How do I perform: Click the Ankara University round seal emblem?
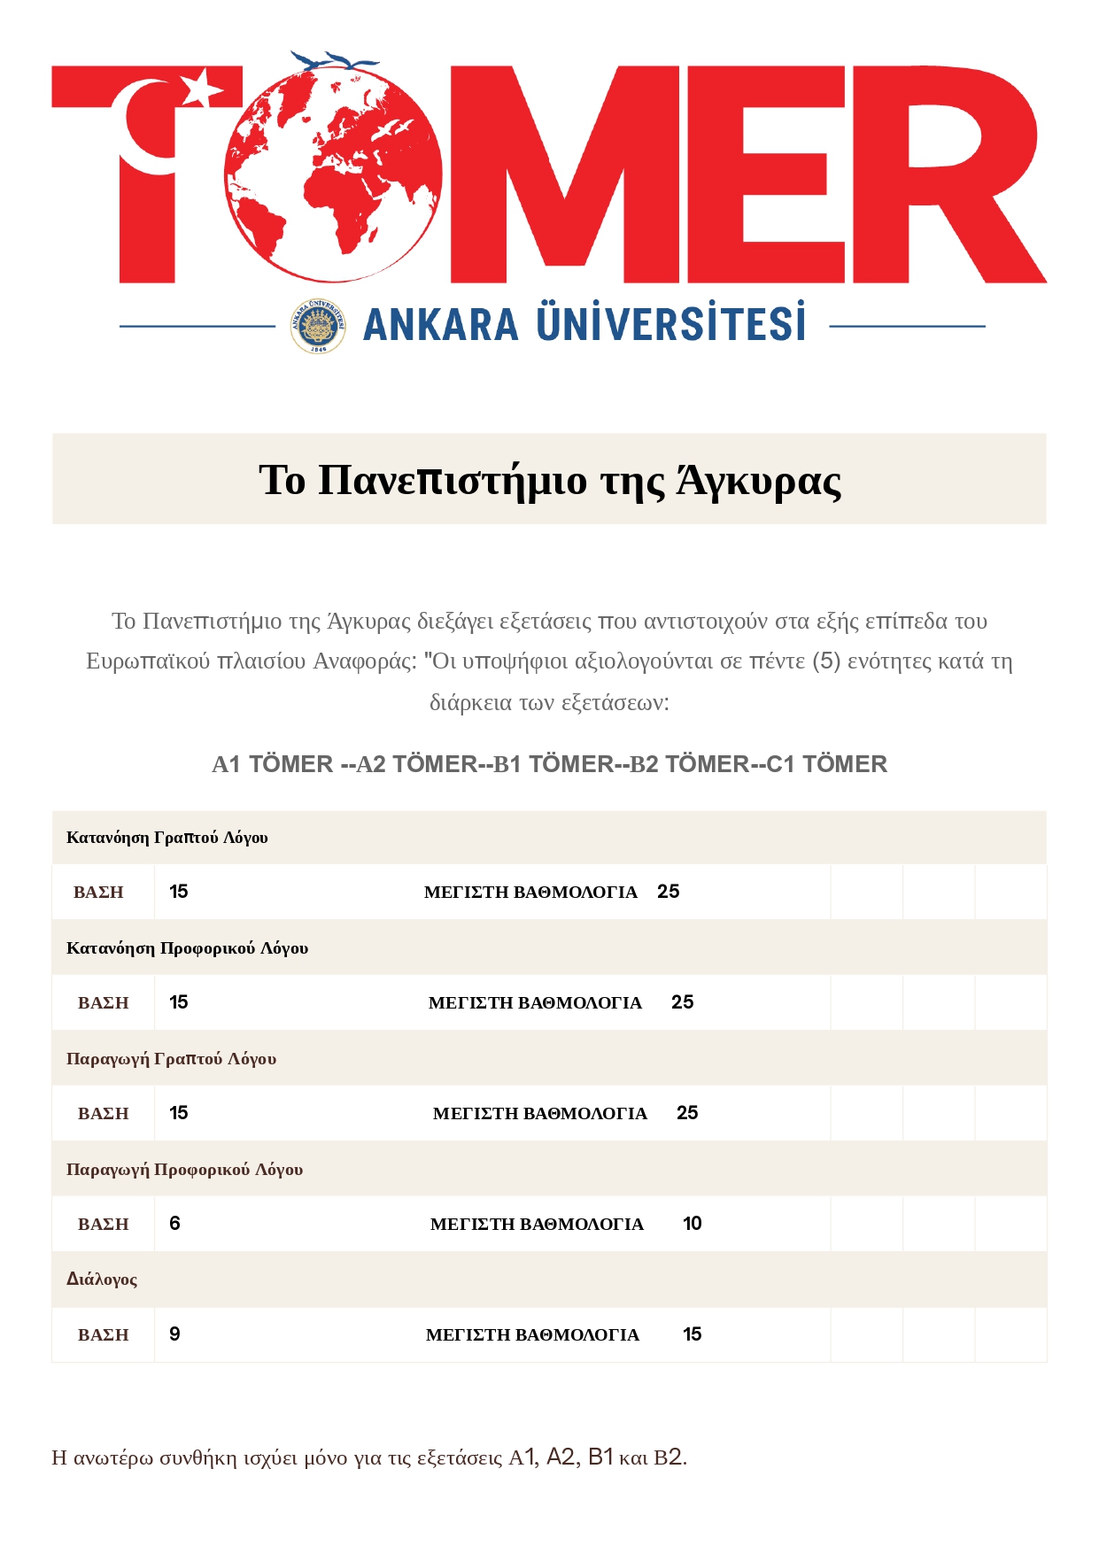(318, 327)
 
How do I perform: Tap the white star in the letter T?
(204, 88)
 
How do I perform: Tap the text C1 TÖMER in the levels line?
(827, 764)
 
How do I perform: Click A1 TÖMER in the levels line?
(272, 764)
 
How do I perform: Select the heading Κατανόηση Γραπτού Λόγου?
(167, 838)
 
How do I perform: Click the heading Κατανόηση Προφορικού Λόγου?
(188, 948)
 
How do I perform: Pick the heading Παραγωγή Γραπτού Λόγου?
(172, 1059)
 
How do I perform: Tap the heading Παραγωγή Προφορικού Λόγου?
(185, 1170)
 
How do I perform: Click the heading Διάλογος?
(102, 1280)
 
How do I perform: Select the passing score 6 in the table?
(174, 1224)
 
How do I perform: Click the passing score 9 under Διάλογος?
(174, 1334)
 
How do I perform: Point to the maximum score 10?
(693, 1224)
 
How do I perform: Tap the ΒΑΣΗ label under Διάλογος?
(104, 1335)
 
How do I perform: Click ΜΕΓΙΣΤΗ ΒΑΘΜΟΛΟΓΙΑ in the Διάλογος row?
(532, 1335)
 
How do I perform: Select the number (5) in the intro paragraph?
(826, 661)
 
